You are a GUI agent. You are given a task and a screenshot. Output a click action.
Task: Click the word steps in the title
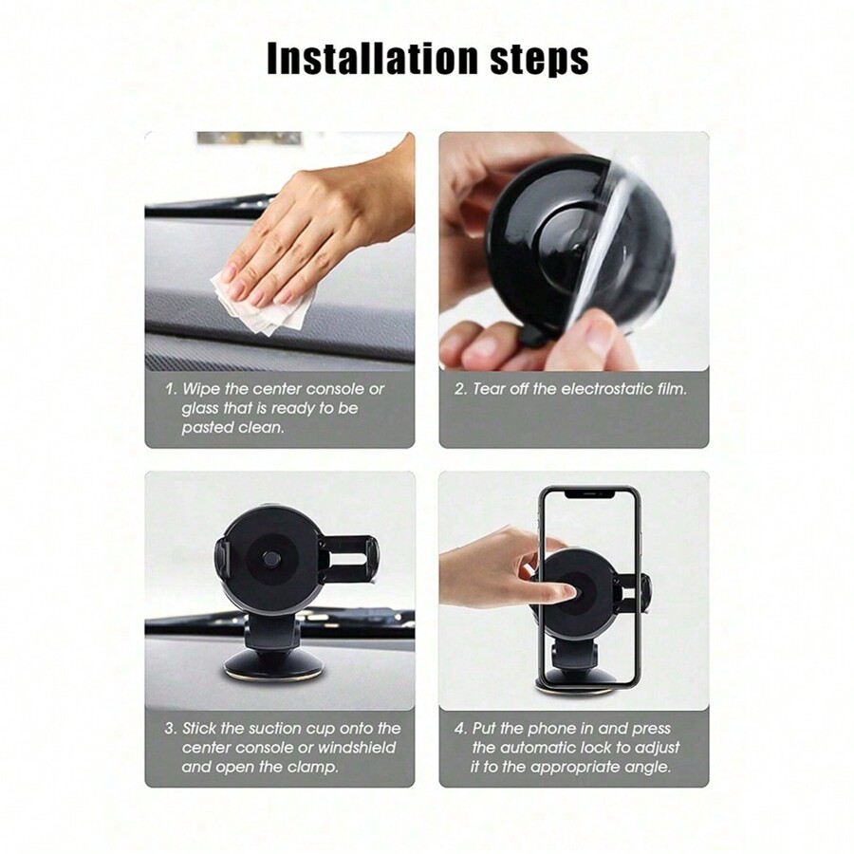(x=539, y=60)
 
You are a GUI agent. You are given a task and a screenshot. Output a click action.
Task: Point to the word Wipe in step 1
(x=199, y=389)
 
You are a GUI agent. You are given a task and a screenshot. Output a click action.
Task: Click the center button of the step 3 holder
(x=270, y=559)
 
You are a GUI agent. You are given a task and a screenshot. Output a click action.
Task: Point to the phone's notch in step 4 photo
(x=590, y=493)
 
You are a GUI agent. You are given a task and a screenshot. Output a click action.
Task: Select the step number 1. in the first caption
(x=172, y=389)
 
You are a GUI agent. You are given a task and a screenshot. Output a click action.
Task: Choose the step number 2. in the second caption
(x=461, y=389)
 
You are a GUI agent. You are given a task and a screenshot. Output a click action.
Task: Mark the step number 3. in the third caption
(x=171, y=728)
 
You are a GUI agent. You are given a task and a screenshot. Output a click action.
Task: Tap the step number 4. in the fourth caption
(x=461, y=728)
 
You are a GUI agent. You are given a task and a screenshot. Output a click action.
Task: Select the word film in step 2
(x=675, y=389)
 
